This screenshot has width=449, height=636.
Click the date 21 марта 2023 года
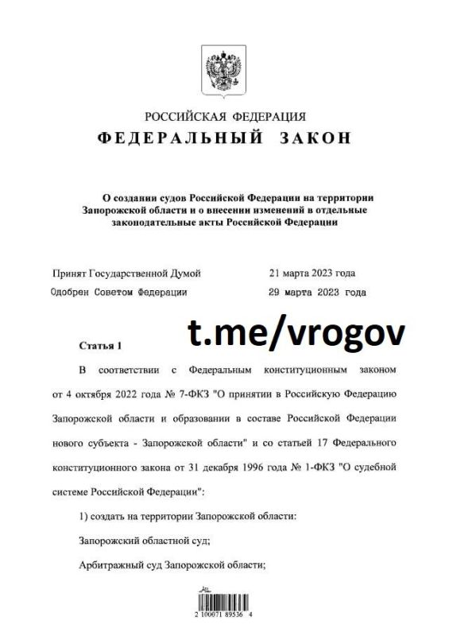click(312, 273)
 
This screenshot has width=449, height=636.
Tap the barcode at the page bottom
click(223, 598)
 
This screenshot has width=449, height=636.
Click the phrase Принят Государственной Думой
click(126, 273)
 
